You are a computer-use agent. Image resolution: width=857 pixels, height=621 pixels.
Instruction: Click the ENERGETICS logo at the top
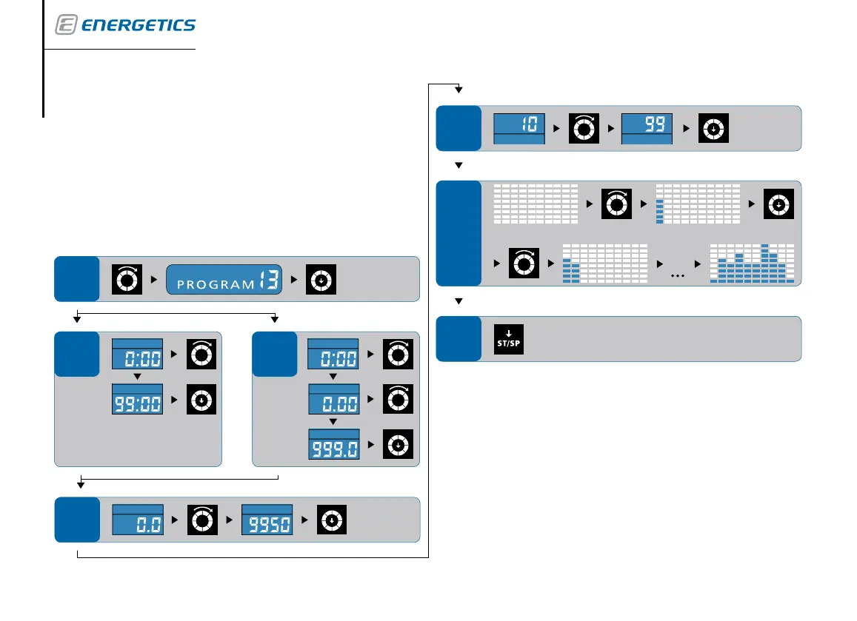[125, 25]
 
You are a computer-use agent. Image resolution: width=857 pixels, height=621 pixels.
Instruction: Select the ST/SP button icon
[509, 339]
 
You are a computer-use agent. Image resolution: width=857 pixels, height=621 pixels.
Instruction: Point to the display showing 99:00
[137, 400]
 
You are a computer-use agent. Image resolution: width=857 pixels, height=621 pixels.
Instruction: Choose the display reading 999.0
[333, 444]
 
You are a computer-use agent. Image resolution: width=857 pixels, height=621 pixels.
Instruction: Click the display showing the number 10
[519, 128]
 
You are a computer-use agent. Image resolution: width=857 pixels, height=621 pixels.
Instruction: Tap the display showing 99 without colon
[646, 128]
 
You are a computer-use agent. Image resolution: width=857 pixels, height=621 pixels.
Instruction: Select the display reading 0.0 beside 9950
[138, 520]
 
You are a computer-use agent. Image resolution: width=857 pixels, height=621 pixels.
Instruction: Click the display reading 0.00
[333, 400]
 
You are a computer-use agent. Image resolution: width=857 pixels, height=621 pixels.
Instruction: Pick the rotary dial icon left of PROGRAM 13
[127, 280]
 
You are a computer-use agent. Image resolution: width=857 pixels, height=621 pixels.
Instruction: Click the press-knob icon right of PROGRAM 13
[321, 280]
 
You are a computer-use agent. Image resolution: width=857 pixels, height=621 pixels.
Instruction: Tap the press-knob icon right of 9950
[332, 520]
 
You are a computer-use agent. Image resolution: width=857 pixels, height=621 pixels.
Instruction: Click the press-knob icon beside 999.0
[398, 444]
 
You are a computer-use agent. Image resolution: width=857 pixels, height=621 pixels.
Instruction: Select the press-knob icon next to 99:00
[201, 400]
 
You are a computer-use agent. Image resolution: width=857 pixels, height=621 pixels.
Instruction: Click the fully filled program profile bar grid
[751, 263]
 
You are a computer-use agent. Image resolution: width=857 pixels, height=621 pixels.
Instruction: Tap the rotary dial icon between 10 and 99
[583, 128]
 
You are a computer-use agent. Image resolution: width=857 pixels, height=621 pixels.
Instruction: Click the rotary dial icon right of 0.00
[398, 400]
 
